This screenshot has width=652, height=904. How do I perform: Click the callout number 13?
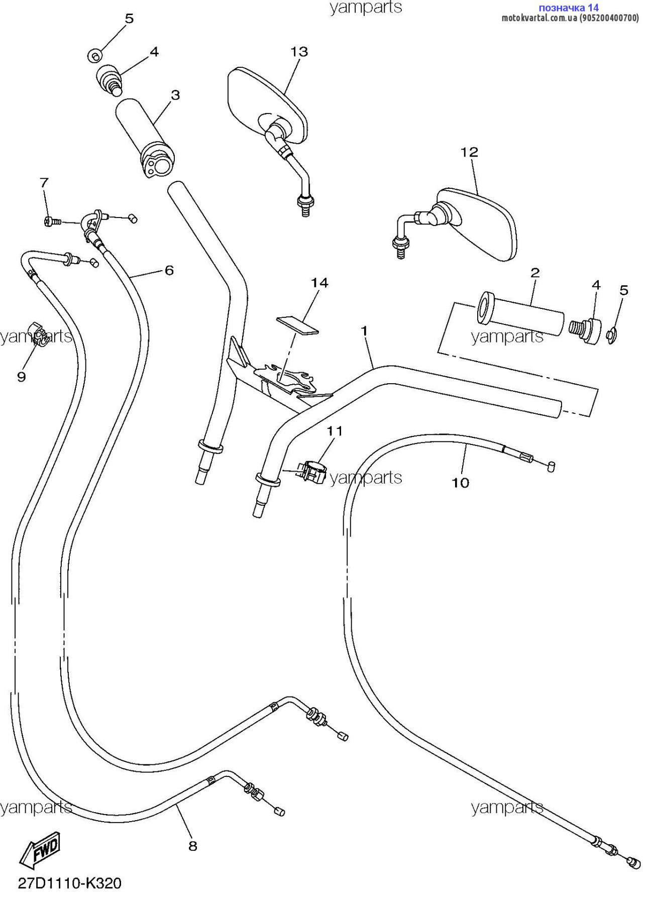299,52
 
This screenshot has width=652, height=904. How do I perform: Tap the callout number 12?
469,152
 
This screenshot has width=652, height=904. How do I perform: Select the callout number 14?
319,283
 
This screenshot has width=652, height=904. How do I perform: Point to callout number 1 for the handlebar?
364,331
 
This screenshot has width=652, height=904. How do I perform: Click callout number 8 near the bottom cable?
193,846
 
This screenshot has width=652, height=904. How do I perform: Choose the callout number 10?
461,483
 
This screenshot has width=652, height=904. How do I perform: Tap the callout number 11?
335,431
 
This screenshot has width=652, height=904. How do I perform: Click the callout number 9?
21,377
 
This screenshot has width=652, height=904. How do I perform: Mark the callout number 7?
44,183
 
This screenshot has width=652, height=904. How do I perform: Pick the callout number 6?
169,270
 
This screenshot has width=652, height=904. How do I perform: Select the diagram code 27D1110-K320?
70,883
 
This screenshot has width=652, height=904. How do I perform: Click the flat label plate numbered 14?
297,325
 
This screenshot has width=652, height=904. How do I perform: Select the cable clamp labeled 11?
311,473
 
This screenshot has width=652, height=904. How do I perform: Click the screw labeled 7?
52,221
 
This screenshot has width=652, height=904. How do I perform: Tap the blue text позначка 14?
569,8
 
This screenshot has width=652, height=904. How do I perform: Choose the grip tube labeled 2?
520,314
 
